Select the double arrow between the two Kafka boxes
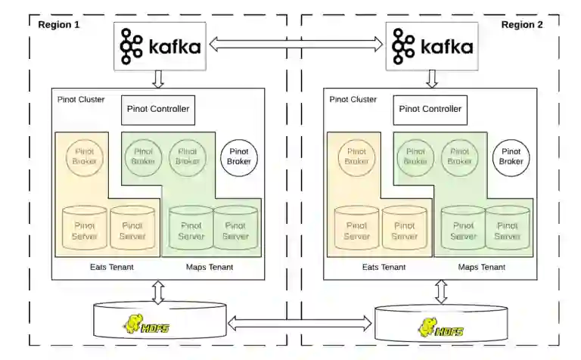coord(296,45)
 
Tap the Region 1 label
coord(59,24)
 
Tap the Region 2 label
coord(522,24)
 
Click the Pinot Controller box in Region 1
coord(158,110)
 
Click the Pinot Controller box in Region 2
coord(430,110)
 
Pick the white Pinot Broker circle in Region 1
coord(239,157)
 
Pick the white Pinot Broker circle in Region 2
coord(511,157)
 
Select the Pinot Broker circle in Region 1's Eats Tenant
coord(84,157)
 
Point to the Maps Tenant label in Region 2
coord(482,267)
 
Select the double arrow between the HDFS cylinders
coord(300,324)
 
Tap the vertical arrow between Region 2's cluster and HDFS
coord(441,291)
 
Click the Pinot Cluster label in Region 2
coord(353,99)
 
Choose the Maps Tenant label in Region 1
coord(210,267)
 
